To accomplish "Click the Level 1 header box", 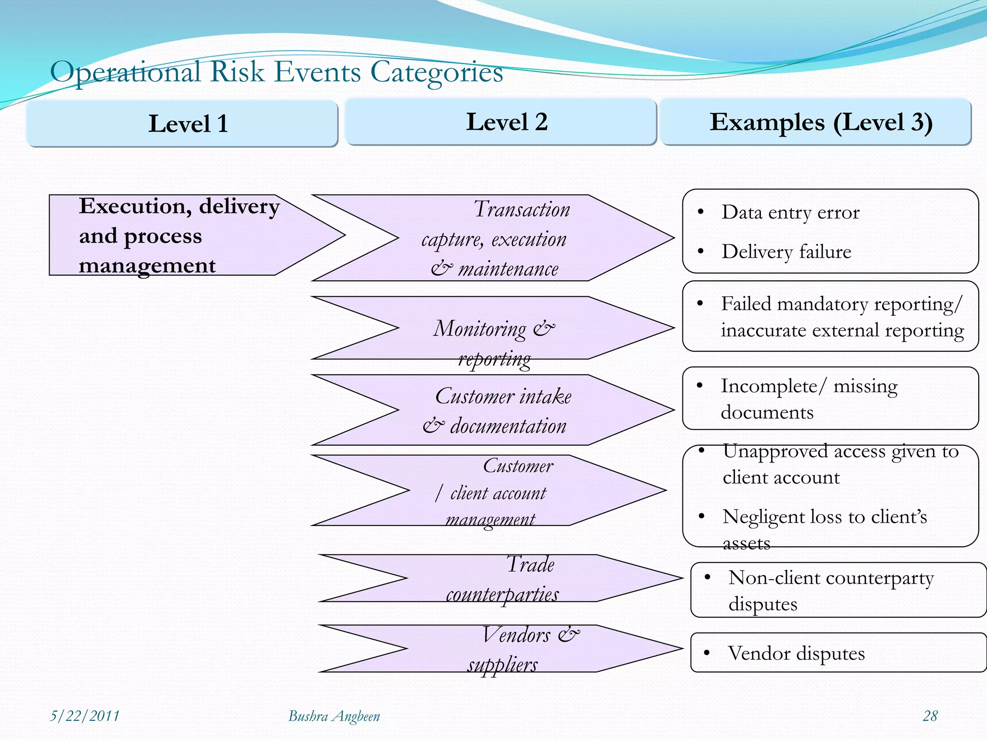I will tap(182, 123).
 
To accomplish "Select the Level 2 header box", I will tap(501, 121).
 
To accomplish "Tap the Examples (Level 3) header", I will tap(815, 121).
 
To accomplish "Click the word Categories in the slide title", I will tap(436, 72).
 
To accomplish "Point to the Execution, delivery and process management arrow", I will tap(178, 236).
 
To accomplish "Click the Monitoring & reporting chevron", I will tap(494, 329).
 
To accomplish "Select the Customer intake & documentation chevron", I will tap(496, 410).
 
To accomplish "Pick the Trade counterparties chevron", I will tap(501, 579).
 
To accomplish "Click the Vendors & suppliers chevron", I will tap(501, 649).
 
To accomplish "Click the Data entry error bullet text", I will tap(790, 212).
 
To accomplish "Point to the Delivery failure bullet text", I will tap(787, 252).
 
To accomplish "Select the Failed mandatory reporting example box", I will tap(830, 317).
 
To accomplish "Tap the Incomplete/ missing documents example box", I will tap(830, 398).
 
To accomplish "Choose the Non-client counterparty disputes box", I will tap(838, 590).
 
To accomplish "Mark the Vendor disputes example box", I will tap(838, 653).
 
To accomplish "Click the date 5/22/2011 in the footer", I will tap(85, 716).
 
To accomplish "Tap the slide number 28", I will tap(930, 716).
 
